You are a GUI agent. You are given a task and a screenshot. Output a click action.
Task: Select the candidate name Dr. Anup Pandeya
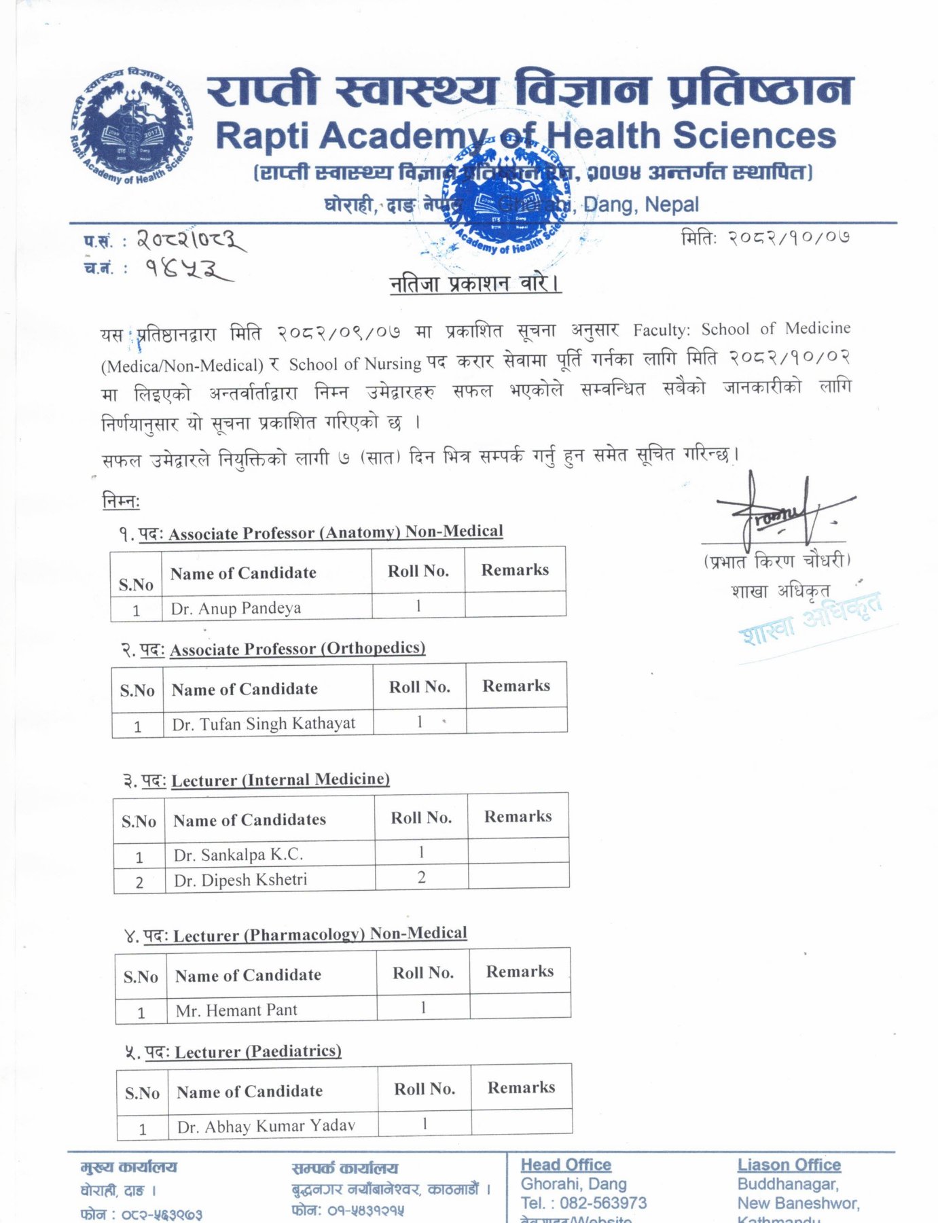(236, 608)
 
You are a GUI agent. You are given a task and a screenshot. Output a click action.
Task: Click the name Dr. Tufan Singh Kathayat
(264, 724)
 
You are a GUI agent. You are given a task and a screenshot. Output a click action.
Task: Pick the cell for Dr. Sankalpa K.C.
(238, 854)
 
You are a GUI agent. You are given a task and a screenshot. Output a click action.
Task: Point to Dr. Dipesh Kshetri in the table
(240, 880)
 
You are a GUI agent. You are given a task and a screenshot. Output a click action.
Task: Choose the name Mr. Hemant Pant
(236, 1010)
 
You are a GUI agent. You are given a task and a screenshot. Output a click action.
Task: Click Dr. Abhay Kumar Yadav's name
(266, 1126)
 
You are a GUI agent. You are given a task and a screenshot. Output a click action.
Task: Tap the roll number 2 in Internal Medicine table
(422, 877)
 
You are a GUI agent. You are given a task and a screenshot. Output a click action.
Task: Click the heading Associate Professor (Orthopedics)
(297, 649)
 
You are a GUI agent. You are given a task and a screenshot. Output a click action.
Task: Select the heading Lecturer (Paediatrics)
(258, 1052)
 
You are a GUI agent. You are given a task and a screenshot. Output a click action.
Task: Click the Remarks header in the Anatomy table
(515, 570)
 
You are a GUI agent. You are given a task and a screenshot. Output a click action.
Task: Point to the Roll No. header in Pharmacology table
(423, 973)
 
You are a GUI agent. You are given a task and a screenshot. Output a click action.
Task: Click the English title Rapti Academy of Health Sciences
(525, 136)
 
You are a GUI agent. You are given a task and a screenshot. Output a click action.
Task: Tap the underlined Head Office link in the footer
(566, 1165)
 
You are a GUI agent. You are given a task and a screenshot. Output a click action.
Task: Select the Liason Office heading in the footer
(789, 1165)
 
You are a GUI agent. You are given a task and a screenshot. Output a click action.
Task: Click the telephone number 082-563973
(603, 1203)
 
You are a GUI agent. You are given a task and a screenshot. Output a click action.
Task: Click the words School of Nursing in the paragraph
(355, 364)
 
